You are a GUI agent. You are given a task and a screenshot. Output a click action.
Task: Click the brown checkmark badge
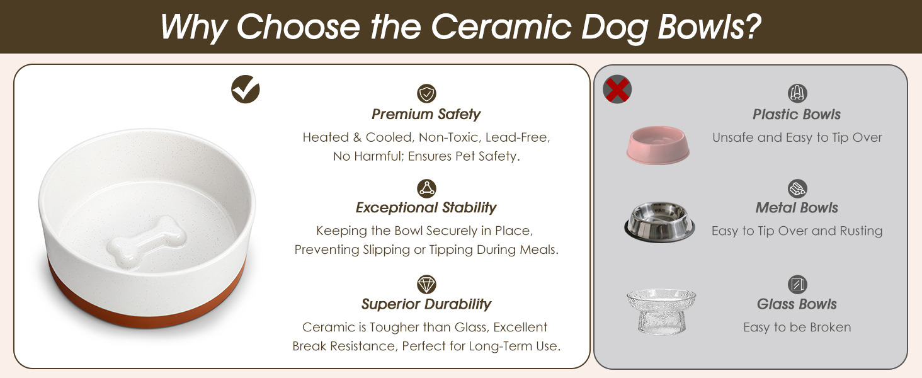click(x=246, y=89)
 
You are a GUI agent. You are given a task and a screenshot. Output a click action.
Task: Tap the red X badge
click(x=617, y=89)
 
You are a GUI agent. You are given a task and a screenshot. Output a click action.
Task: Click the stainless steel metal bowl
click(x=659, y=222)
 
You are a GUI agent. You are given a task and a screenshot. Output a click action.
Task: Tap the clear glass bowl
click(x=661, y=311)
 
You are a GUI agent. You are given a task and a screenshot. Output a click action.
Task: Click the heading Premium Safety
click(x=426, y=114)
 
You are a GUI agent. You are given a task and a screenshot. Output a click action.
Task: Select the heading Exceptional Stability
click(x=426, y=207)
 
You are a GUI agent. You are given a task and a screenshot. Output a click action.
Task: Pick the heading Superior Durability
click(x=426, y=304)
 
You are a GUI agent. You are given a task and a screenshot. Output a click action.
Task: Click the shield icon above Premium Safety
click(x=426, y=94)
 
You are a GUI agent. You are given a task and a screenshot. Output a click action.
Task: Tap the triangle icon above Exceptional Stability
click(x=426, y=188)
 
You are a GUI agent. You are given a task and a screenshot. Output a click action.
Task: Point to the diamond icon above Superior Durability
click(x=426, y=284)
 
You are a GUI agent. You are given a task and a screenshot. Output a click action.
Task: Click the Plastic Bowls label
click(x=797, y=114)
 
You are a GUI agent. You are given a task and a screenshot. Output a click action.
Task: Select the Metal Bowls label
click(x=797, y=207)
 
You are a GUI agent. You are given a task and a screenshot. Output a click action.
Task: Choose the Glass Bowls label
click(x=797, y=304)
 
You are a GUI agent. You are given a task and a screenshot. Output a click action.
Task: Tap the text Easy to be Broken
click(x=797, y=327)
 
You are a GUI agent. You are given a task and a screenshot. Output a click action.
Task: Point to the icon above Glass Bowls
click(x=797, y=284)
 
